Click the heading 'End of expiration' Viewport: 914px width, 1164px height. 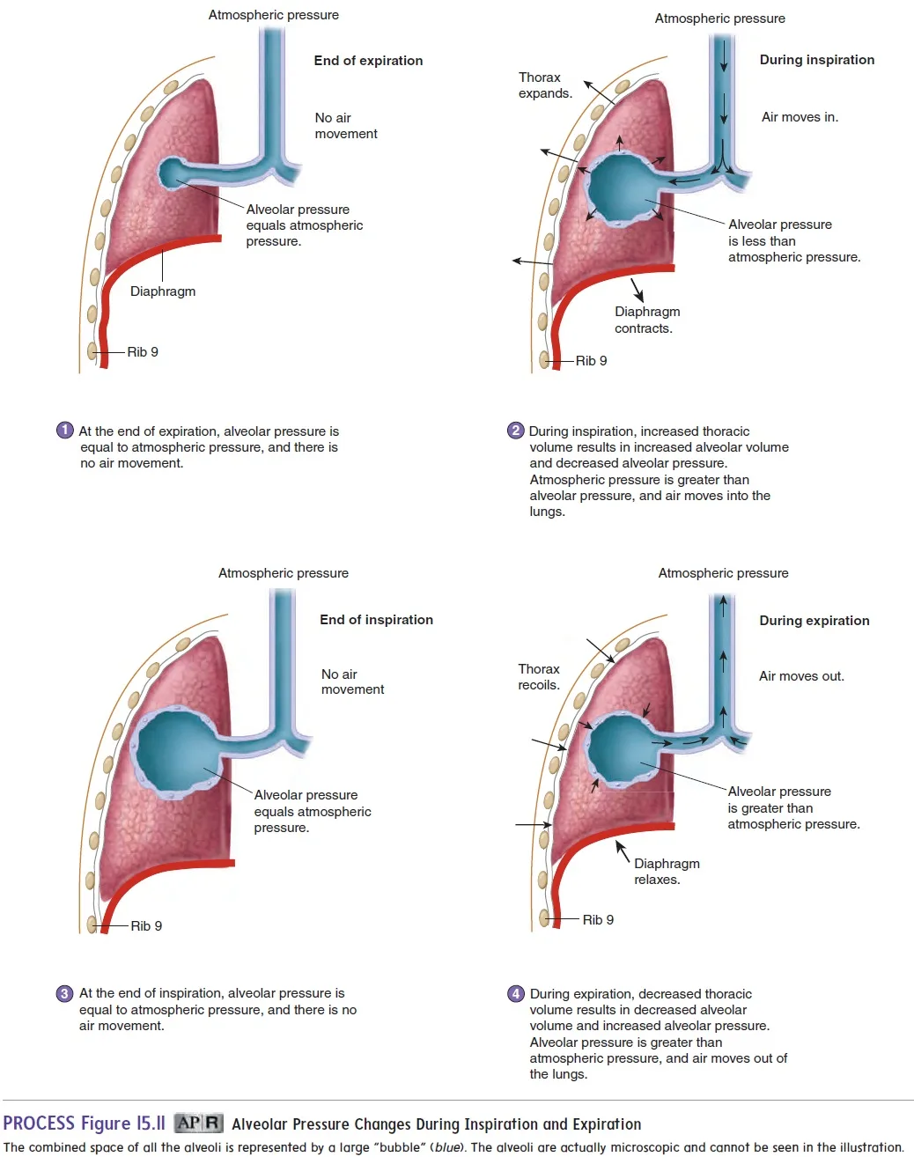click(x=368, y=61)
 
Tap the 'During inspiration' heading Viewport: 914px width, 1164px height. click(x=816, y=60)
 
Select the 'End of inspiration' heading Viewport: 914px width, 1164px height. click(x=376, y=620)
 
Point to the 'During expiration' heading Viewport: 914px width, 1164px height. click(x=814, y=621)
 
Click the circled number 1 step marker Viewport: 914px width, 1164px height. click(x=65, y=431)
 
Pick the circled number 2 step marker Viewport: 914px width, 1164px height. click(x=516, y=431)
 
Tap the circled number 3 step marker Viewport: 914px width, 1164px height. click(x=65, y=993)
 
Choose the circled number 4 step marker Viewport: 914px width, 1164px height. click(x=516, y=994)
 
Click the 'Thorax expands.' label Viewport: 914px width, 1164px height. click(x=545, y=85)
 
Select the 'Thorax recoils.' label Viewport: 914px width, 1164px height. click(x=539, y=677)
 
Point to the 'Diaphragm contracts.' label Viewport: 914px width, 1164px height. click(x=647, y=320)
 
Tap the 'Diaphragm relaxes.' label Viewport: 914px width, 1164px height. click(x=667, y=872)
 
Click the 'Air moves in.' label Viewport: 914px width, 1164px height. click(x=800, y=117)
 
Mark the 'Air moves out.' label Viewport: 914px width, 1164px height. click(x=801, y=676)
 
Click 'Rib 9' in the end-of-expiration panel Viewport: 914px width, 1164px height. click(x=143, y=352)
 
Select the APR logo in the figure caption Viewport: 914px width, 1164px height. click(x=198, y=1123)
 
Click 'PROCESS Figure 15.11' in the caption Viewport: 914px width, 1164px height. click(x=85, y=1123)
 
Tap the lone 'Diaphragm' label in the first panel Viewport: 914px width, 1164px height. click(x=163, y=291)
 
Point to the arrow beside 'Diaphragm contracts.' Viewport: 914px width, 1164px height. click(x=637, y=290)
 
